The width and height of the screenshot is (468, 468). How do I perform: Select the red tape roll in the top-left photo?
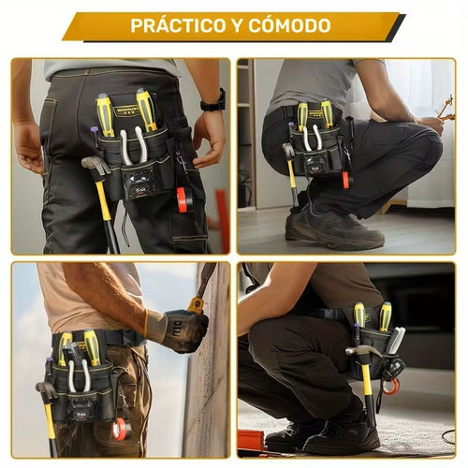pyautogui.click(x=183, y=198)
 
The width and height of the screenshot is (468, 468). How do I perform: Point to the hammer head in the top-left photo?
pyautogui.click(x=94, y=166)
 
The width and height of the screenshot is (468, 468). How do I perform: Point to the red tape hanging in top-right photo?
pyautogui.click(x=345, y=178)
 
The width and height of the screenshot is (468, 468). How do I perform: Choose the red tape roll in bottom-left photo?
pyautogui.click(x=120, y=429)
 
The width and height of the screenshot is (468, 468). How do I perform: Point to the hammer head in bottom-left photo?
pyautogui.click(x=45, y=388)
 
